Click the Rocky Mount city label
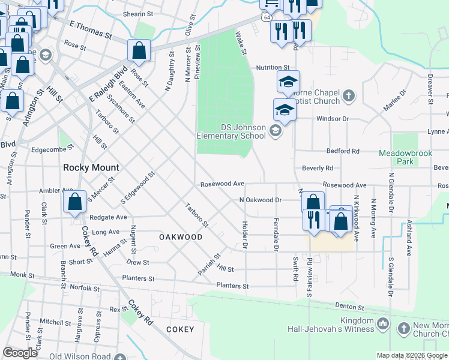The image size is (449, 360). point(91,167)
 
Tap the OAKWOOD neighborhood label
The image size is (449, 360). point(181,237)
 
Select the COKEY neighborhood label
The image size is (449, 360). point(180,329)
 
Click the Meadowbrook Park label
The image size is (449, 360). point(405,157)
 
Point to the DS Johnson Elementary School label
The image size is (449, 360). point(231,131)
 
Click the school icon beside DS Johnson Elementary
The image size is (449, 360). point(276,131)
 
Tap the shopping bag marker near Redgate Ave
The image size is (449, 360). point(74,202)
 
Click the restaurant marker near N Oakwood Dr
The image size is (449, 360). point(313,219)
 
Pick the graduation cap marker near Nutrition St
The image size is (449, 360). point(288,82)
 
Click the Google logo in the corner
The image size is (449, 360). point(20,353)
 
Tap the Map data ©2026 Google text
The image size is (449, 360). point(411,355)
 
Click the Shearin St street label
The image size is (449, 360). point(138,14)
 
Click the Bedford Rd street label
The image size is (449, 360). point(343,151)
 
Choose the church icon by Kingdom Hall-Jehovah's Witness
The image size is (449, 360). point(383,325)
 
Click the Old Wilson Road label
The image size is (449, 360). point(80,356)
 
